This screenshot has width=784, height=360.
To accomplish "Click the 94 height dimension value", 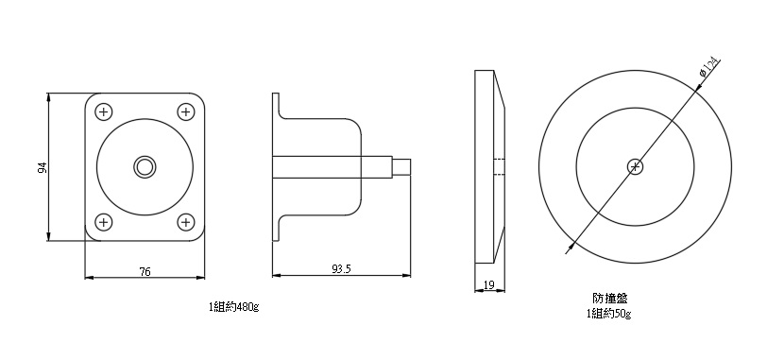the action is (43, 167).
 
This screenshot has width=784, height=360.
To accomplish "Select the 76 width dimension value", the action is (145, 272).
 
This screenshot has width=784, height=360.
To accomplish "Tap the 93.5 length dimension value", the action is (342, 269).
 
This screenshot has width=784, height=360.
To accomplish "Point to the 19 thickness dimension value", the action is (489, 285).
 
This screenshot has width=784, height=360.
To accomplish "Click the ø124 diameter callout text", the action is (709, 67).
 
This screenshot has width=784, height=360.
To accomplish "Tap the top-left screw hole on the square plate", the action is (104, 111).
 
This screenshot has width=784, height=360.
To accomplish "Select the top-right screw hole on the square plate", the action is (185, 111).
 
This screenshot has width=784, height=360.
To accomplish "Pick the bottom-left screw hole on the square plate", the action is (104, 221).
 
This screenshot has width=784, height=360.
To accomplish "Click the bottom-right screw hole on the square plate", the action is (185, 221).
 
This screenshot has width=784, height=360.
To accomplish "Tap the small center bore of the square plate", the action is (145, 166).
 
